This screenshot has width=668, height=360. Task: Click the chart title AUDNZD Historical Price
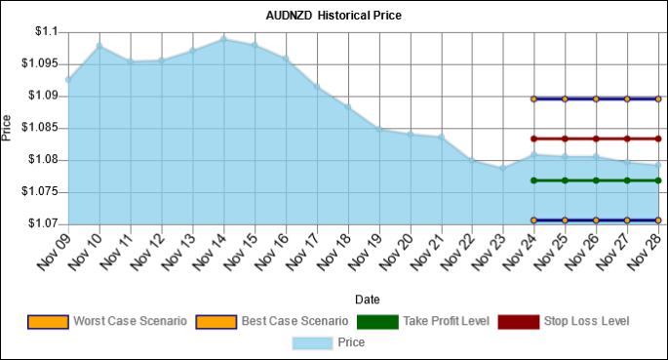point(334,16)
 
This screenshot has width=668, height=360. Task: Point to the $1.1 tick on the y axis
point(47,32)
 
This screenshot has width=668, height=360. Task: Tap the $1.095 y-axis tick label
point(41,64)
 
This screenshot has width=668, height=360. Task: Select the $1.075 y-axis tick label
point(41,192)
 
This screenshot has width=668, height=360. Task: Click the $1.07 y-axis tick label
point(44,224)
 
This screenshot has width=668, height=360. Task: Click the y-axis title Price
point(8,128)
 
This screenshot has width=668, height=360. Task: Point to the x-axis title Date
point(368,300)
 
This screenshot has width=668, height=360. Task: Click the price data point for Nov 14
point(224,39)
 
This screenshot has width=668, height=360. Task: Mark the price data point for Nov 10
point(99,46)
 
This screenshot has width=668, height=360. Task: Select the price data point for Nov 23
point(502,168)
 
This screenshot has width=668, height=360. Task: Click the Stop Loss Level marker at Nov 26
point(596,139)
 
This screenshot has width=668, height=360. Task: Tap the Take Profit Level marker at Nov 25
point(565,180)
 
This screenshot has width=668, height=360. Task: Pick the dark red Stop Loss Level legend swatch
point(516,321)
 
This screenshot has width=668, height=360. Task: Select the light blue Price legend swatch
point(312,342)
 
